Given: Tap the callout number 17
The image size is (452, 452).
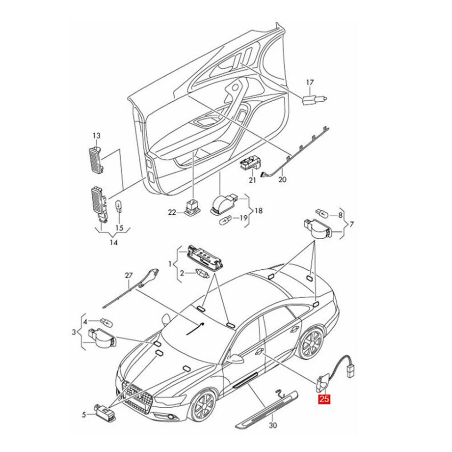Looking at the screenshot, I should [x=310, y=83].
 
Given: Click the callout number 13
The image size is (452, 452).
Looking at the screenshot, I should [x=96, y=136].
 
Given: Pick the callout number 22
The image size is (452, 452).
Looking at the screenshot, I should [x=172, y=212].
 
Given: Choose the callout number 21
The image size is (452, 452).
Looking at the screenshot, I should [x=252, y=180].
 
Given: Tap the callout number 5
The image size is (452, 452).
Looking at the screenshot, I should [x=84, y=414].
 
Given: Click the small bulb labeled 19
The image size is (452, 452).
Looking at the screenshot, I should [x=226, y=218].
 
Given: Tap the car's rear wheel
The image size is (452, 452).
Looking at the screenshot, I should [x=310, y=344].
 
